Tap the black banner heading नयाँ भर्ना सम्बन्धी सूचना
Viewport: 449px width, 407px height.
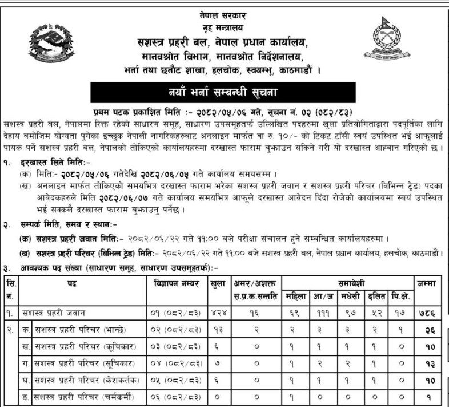(224, 92)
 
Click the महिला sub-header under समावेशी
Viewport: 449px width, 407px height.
(298, 297)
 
